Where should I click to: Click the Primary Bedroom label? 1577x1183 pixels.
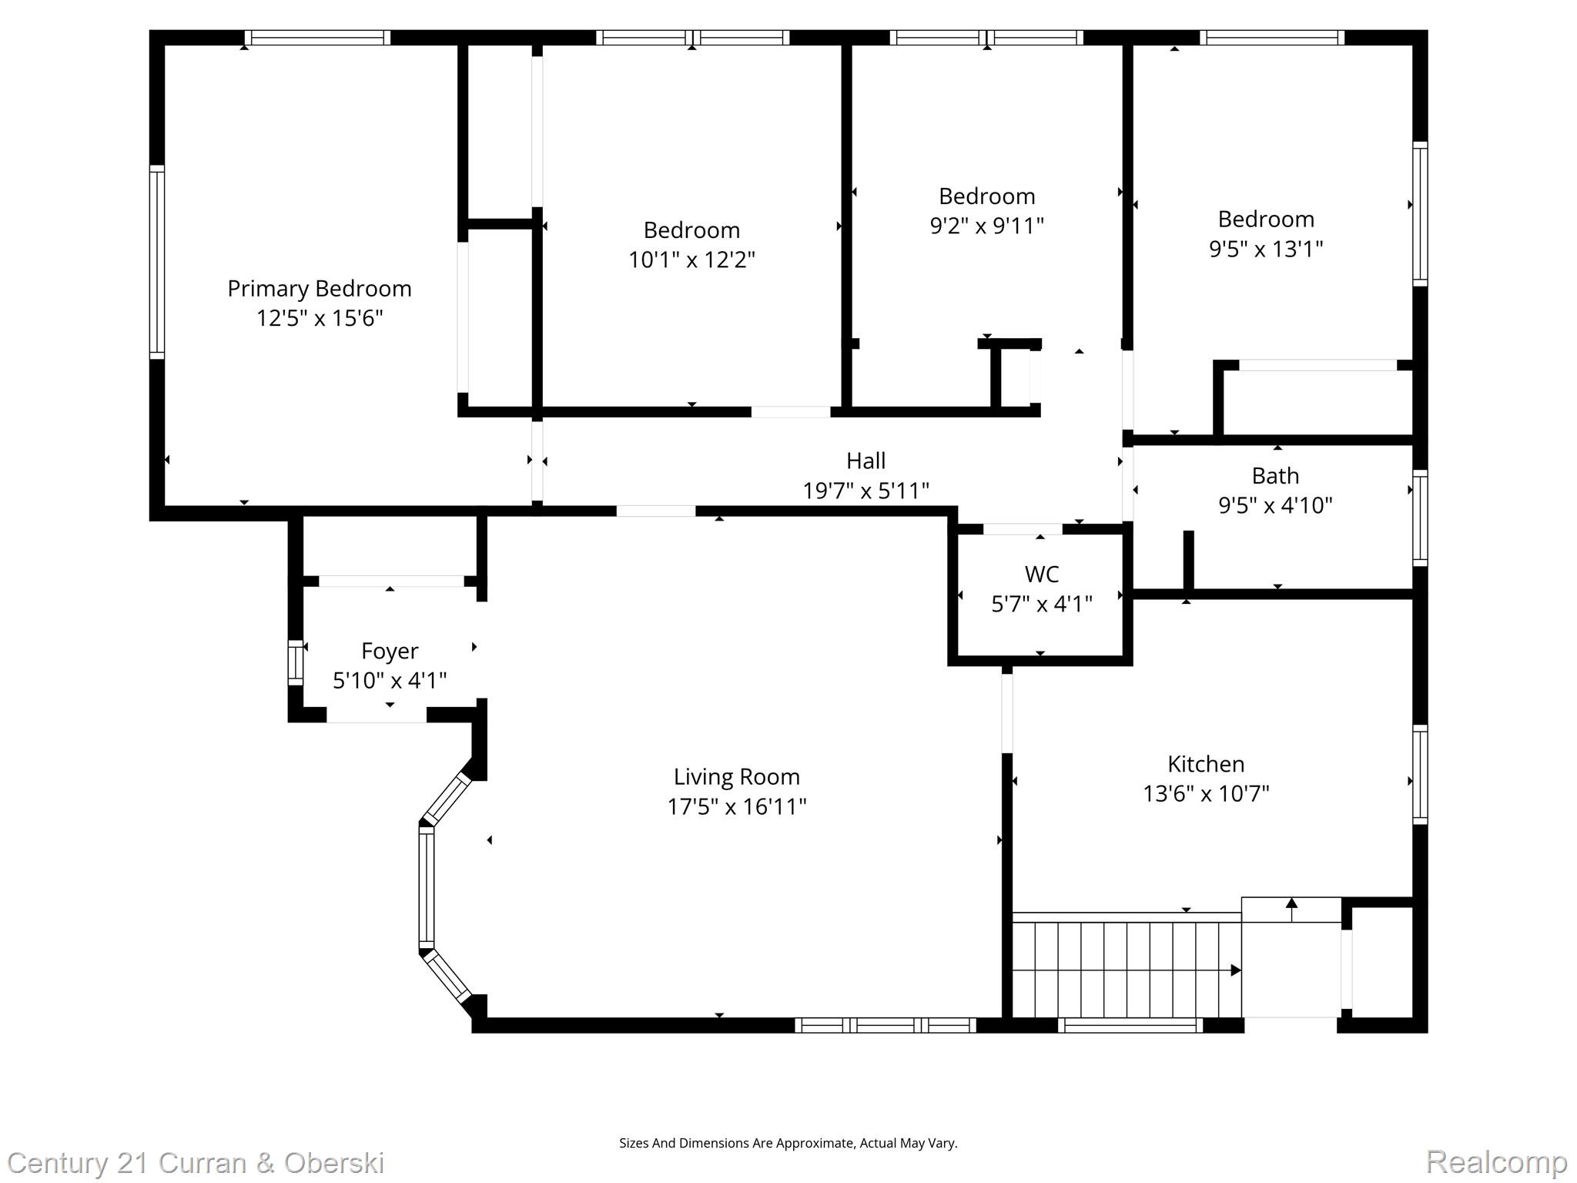(x=320, y=289)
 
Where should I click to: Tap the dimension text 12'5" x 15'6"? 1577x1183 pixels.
(x=320, y=318)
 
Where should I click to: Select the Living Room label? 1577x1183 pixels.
(x=737, y=777)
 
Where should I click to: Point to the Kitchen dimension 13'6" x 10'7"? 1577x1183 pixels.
(x=1206, y=793)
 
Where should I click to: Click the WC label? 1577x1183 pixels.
(x=1042, y=575)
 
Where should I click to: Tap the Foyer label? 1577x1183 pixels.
(x=390, y=652)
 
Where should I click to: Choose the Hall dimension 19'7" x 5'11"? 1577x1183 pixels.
(x=866, y=491)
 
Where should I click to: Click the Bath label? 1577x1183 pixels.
(x=1275, y=476)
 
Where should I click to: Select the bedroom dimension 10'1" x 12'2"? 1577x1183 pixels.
(x=691, y=260)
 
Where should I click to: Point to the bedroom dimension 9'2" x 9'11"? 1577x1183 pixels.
(x=987, y=226)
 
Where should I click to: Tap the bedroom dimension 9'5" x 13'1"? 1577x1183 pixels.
(x=1266, y=249)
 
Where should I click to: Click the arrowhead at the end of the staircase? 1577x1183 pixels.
(x=1236, y=970)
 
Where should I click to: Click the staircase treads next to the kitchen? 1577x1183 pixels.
(x=1126, y=969)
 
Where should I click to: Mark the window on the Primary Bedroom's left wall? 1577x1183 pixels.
(x=157, y=262)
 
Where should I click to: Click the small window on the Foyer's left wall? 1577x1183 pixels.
(x=296, y=662)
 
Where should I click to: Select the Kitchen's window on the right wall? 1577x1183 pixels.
(x=1420, y=775)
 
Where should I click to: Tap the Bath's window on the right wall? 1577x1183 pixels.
(x=1420, y=518)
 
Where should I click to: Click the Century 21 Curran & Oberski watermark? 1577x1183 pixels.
(x=196, y=1163)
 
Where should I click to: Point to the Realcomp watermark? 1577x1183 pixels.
(x=1497, y=1162)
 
